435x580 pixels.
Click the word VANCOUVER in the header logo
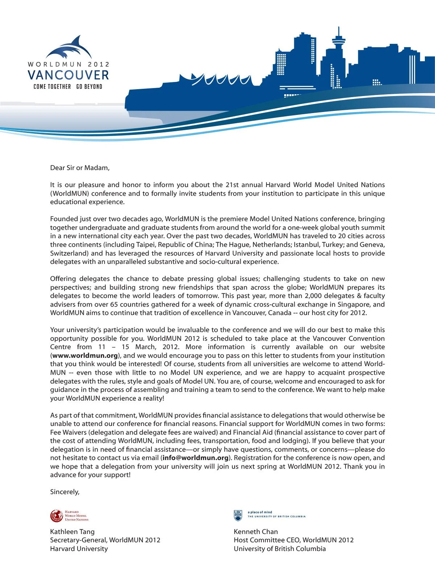[x=68, y=75]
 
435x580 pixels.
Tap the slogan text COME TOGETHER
[x=52, y=87]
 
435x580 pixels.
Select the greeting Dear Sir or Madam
[x=80, y=168]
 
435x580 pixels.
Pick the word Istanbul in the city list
[x=306, y=245]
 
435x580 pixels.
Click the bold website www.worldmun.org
[x=85, y=356]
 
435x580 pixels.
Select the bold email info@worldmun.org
[x=195, y=458]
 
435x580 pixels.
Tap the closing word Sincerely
[x=65, y=492]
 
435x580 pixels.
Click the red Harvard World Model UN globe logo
[x=57, y=515]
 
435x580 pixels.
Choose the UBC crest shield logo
[x=238, y=515]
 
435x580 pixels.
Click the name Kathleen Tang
[x=72, y=532]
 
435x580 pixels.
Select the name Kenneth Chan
[x=256, y=532]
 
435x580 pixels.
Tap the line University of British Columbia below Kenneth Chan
[x=279, y=549]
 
